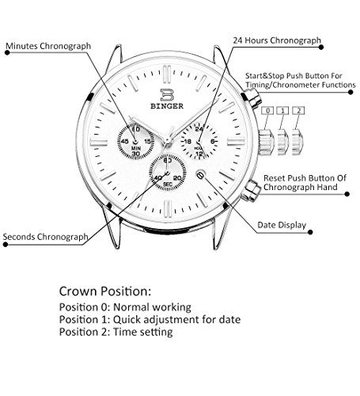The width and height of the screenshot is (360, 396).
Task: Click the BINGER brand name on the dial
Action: (x=167, y=106)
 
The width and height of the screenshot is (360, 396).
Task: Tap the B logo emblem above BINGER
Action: (x=167, y=94)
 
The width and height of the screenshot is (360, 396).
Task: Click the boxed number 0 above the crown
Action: (x=267, y=111)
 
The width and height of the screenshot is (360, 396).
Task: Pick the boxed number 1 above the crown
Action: (x=282, y=111)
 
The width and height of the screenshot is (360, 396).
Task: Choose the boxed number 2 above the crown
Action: (x=298, y=111)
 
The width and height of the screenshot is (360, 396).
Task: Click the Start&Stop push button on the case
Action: (x=252, y=98)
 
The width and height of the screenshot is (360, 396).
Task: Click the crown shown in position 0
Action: (x=267, y=143)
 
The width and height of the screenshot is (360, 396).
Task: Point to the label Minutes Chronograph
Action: (x=48, y=46)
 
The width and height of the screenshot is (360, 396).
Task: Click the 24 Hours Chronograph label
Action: (x=277, y=40)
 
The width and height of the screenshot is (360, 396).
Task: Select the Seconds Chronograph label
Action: (x=45, y=237)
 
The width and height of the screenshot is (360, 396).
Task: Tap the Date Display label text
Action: (x=282, y=225)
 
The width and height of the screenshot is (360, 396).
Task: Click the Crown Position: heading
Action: (x=105, y=291)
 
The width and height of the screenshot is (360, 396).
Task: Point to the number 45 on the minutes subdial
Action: (x=124, y=142)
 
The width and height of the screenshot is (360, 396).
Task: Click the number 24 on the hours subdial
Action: (x=199, y=129)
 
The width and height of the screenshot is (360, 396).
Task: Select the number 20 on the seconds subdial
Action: (x=177, y=178)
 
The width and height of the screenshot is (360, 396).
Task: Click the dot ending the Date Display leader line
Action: (x=310, y=232)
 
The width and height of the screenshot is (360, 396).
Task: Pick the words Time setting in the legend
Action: (x=143, y=332)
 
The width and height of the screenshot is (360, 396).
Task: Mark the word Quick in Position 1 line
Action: (x=127, y=319)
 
